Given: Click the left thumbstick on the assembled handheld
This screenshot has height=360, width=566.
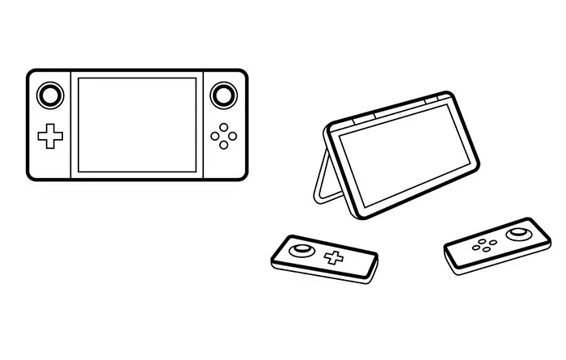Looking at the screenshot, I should point(50,96).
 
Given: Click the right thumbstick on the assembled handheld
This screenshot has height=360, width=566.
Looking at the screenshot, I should point(222,96).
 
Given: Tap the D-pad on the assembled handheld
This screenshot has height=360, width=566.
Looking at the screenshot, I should point(50,136).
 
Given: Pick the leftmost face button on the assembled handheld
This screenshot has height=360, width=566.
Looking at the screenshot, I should point(213,137).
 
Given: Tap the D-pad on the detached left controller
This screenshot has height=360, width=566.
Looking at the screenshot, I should point(332,258).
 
